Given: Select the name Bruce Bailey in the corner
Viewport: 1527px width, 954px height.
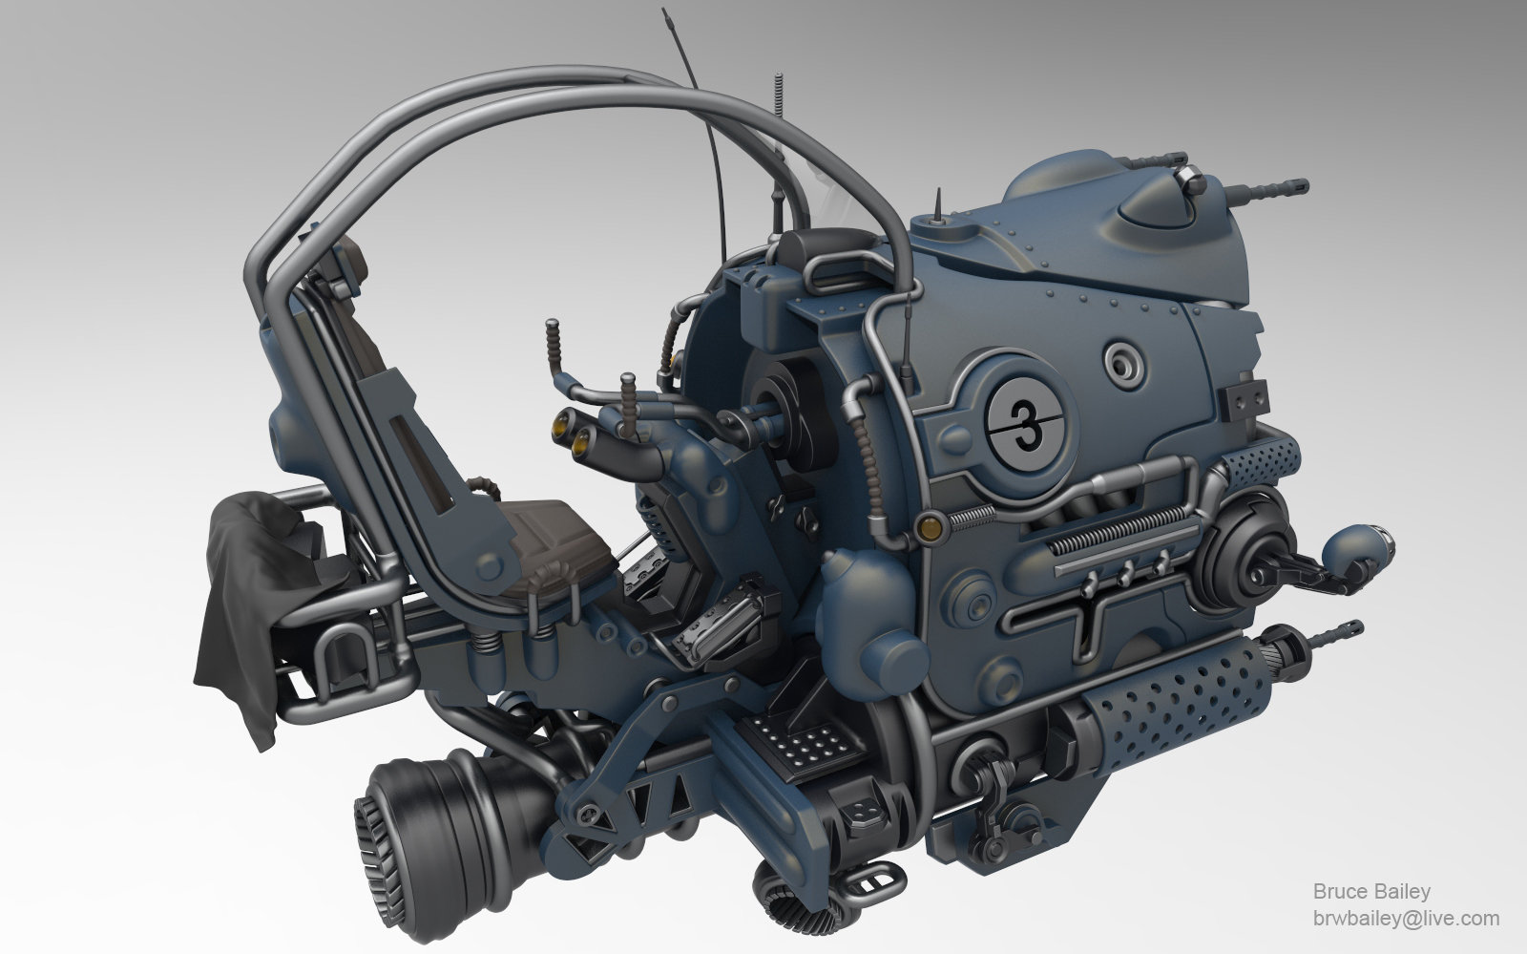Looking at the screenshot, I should pos(1371,892).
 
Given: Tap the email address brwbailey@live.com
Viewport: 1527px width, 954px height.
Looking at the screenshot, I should pos(1406,918).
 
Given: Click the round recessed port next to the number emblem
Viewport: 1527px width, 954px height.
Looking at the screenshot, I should pos(1123,362).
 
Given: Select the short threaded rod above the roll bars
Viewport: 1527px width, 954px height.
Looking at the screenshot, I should pos(780,96).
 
